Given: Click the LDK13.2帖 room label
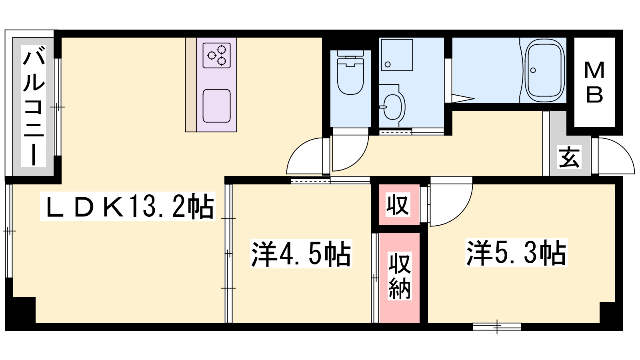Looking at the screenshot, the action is tap(128, 206).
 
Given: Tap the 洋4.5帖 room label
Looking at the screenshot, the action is tap(301, 254).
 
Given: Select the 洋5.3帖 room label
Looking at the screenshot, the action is tap(516, 253).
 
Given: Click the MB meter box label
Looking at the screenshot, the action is tap(594, 82).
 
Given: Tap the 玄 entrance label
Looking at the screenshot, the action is tap(569, 156).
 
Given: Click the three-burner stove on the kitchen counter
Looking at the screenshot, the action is tap(216, 56).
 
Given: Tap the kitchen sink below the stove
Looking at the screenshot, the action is tap(216, 106).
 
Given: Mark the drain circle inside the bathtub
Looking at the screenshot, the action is tap(533, 70).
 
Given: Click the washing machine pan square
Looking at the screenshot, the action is tap(397, 55).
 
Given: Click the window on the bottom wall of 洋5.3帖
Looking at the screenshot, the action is tap(497, 326).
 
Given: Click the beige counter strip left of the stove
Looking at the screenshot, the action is tap(191, 84).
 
